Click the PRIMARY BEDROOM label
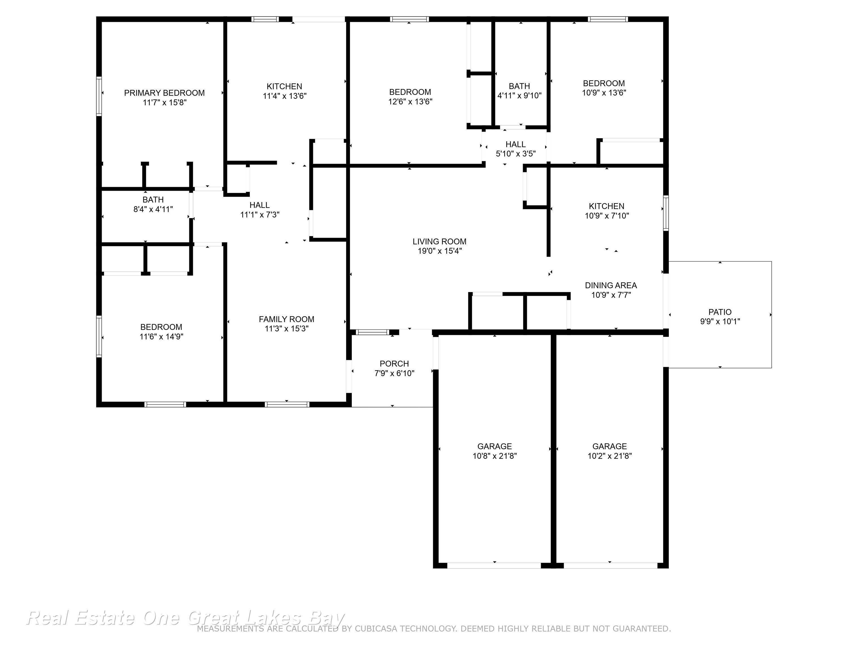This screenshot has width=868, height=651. tap(164, 93)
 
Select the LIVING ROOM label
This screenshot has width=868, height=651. tap(439, 242)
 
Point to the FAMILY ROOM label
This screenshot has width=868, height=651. tap(287, 319)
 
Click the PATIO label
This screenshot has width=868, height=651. tap(720, 312)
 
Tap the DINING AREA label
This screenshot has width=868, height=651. tap(611, 286)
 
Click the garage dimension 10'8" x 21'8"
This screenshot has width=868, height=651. tap(495, 456)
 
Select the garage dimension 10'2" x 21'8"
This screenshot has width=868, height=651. tap(610, 456)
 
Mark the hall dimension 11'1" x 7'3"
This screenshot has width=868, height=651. tap(260, 215)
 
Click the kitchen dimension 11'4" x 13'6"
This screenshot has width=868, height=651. tap(285, 96)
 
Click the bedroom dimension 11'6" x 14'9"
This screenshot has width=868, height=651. tap(161, 337)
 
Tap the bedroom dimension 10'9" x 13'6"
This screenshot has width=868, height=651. tap(604, 93)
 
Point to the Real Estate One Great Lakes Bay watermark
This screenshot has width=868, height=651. tap(185, 618)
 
